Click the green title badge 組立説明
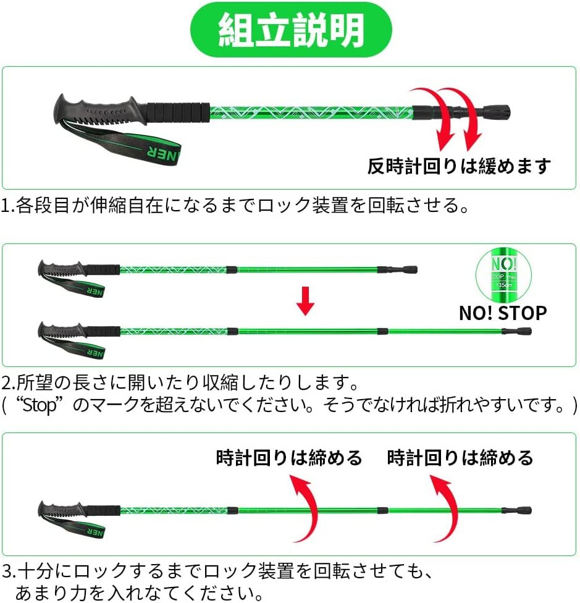(x=290, y=30)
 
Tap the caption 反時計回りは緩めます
(x=459, y=166)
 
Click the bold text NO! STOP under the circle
(x=502, y=313)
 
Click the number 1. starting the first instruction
(x=9, y=205)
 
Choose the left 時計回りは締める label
(x=288, y=458)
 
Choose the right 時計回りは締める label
(x=460, y=458)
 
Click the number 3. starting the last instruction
(x=9, y=569)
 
